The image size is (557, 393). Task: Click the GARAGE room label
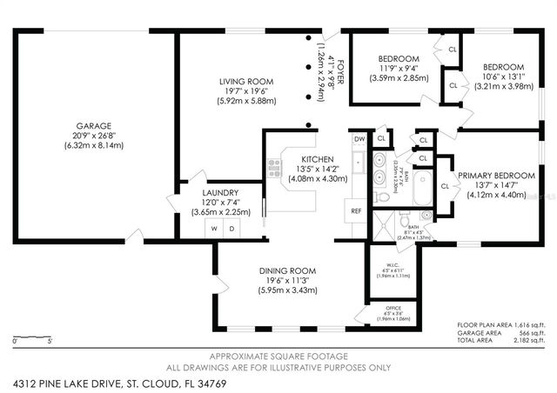click(93, 125)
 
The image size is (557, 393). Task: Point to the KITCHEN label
click(318, 159)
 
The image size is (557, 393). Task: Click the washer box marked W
click(213, 228)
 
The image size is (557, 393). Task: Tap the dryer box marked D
click(232, 228)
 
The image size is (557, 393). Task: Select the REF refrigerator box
click(356, 211)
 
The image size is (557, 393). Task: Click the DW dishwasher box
click(359, 139)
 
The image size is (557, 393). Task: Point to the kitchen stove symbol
click(276, 165)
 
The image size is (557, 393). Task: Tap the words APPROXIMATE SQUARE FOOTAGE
click(278, 356)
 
